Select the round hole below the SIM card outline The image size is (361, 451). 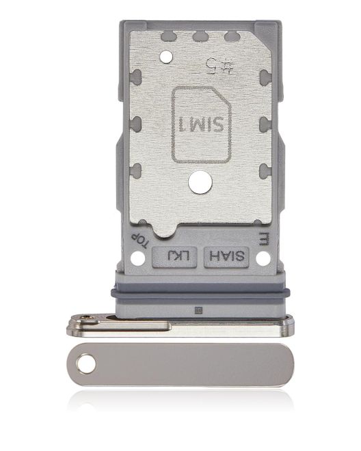tap(198, 183)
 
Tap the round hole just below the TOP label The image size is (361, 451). tap(137, 258)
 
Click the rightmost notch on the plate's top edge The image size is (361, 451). tap(231, 36)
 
